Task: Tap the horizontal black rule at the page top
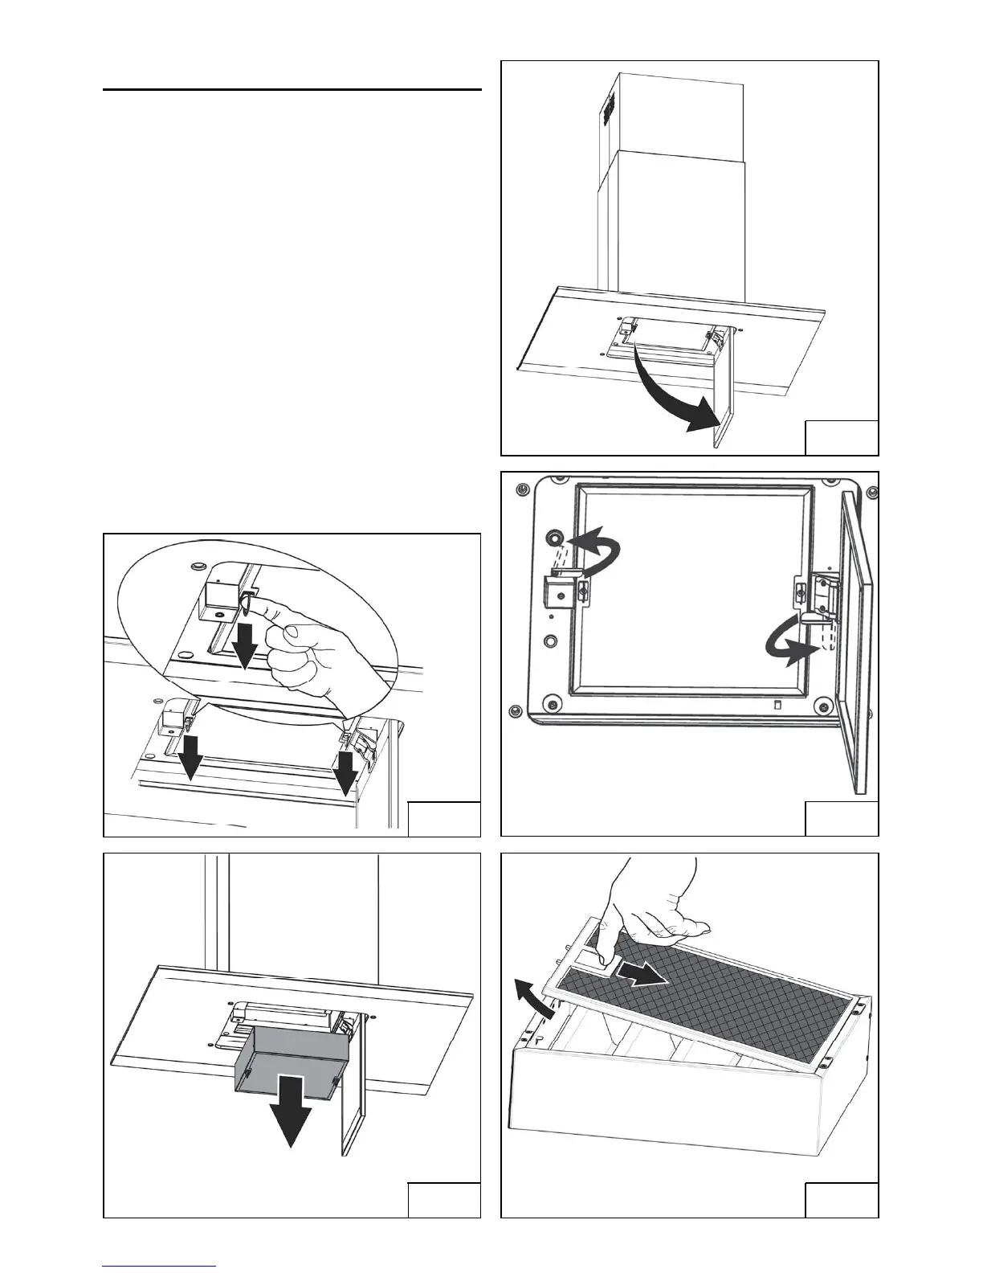292,90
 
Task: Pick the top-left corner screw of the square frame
523,489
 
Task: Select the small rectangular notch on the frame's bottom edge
776,705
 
